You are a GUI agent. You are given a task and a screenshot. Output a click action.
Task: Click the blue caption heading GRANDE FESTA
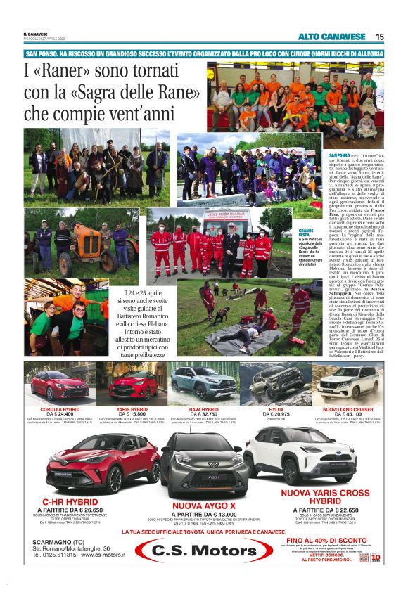click(306, 233)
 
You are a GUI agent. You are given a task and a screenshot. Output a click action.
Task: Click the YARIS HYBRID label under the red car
click(128, 408)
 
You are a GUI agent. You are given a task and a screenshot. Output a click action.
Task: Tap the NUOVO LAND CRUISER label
click(348, 408)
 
